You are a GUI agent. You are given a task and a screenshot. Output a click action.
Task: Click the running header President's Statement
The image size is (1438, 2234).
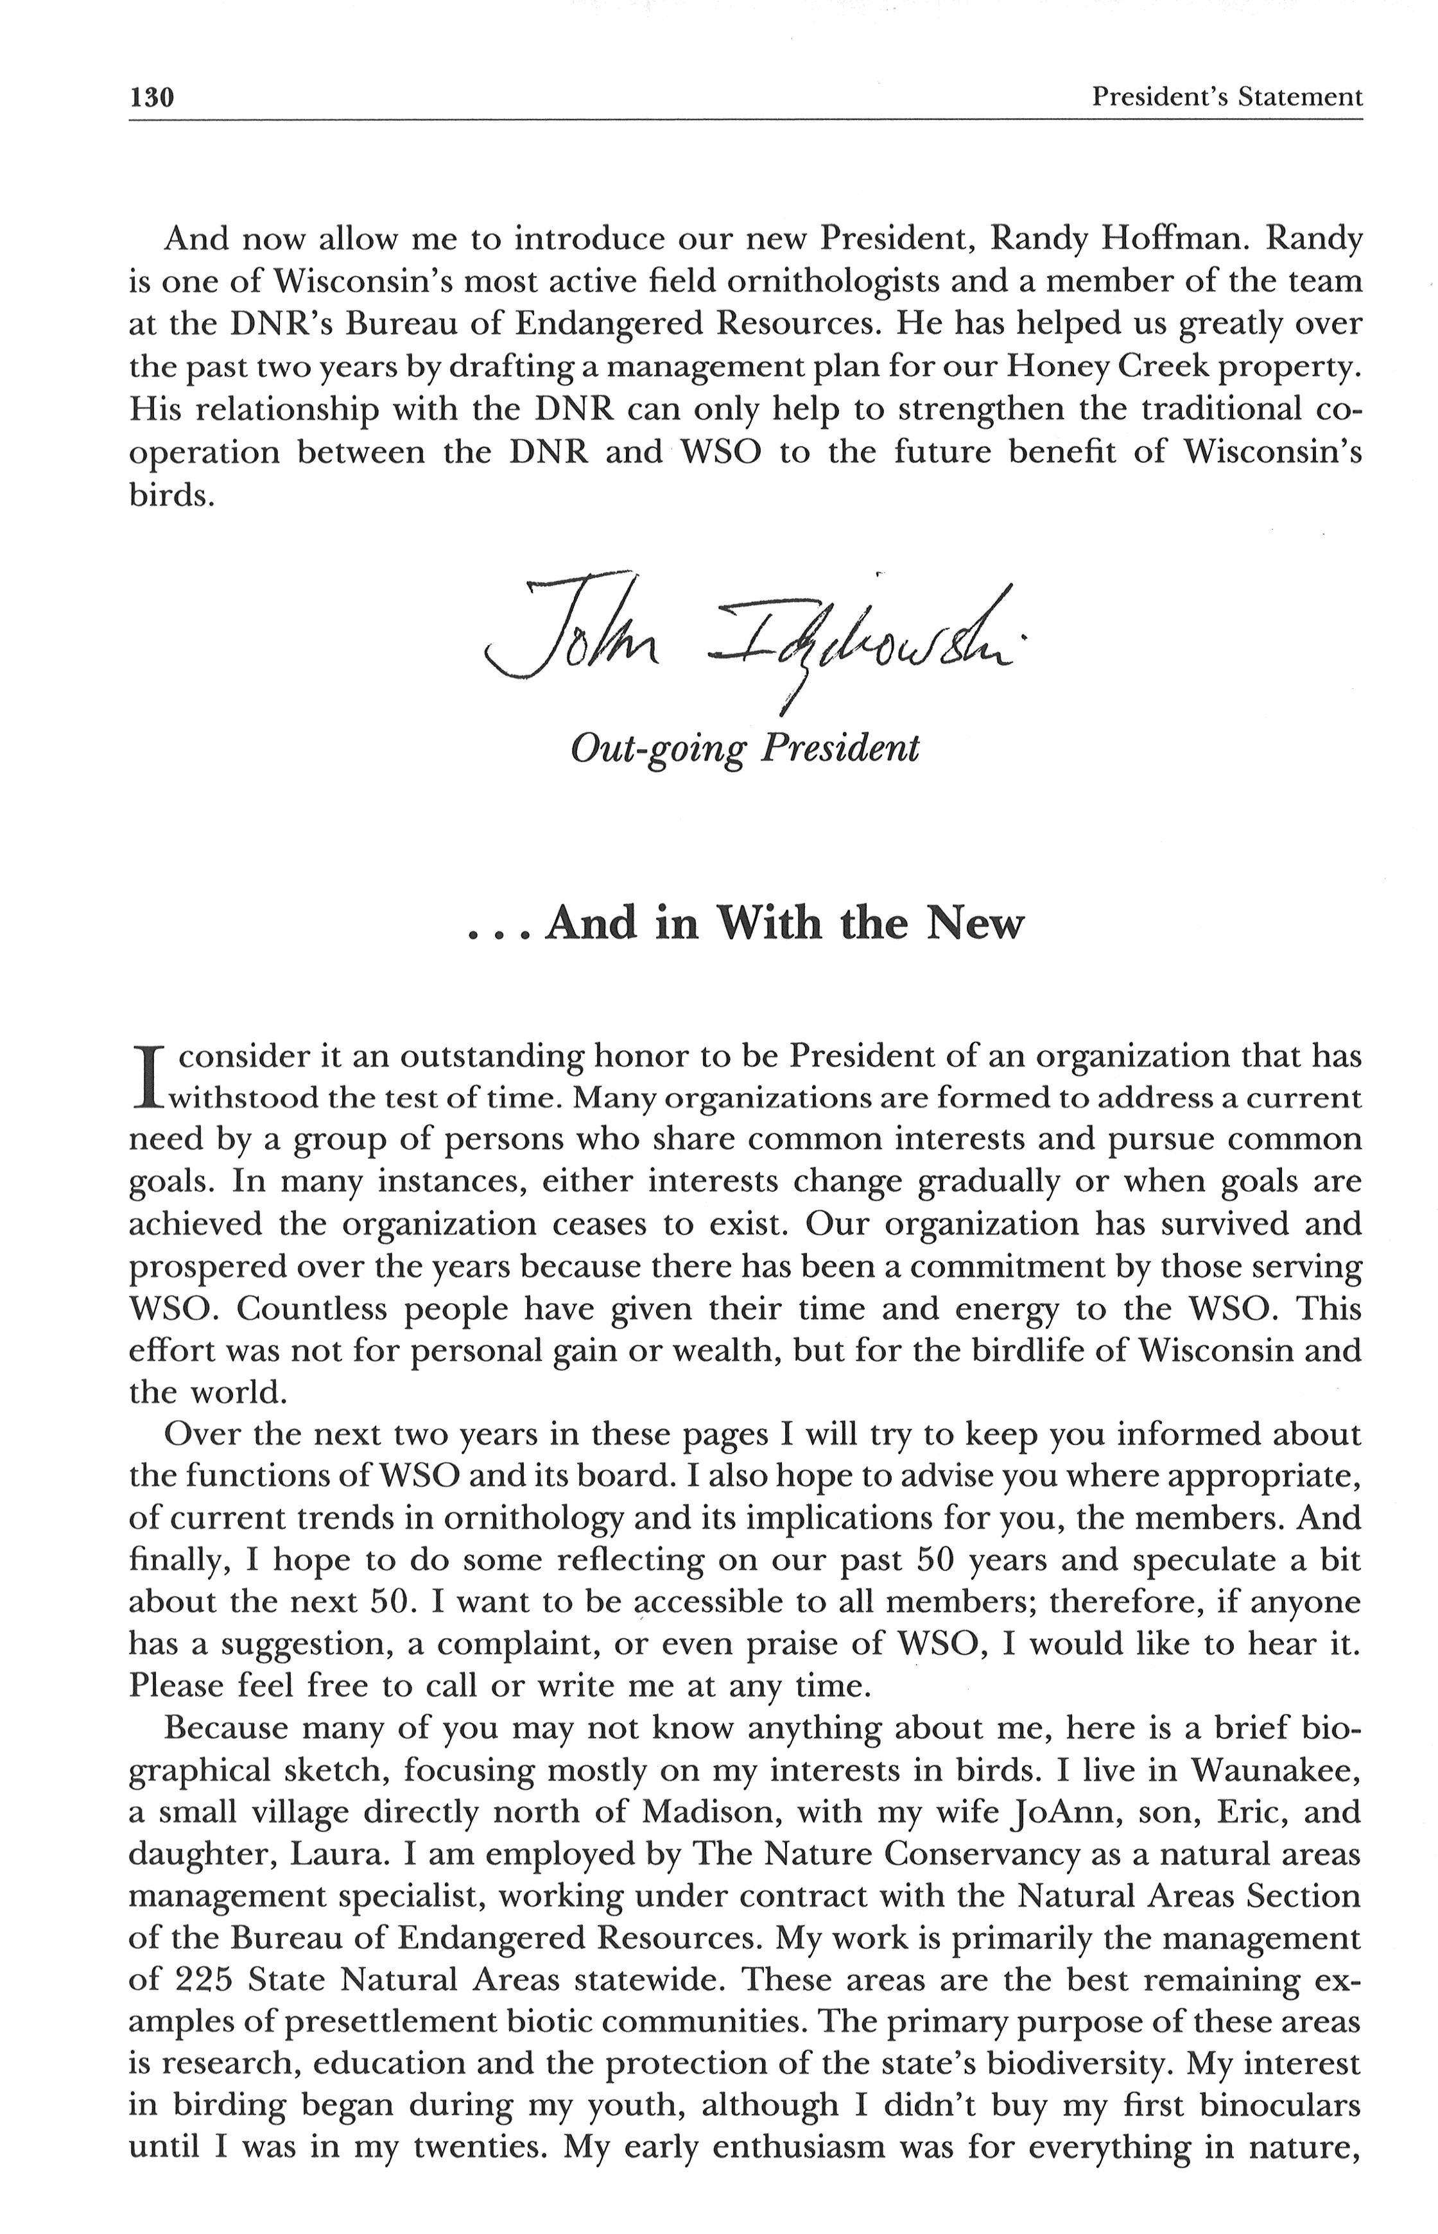[1226, 96]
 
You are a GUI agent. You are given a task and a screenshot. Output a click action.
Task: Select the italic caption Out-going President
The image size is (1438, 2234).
[744, 748]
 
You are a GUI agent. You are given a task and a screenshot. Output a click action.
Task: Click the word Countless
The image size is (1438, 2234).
[308, 1309]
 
